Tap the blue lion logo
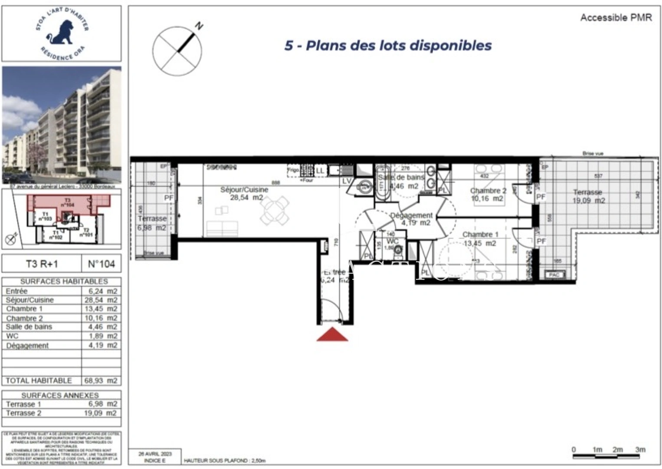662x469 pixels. [61, 33]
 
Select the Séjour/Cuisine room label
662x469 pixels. [244, 190]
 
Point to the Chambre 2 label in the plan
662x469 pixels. [488, 191]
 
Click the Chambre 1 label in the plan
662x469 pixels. [480, 235]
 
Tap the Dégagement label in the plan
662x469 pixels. [411, 215]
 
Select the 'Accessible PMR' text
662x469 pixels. [616, 18]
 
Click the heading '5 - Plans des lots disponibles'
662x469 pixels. [388, 46]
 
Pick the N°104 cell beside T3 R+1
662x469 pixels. [101, 264]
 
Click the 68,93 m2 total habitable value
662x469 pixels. [101, 381]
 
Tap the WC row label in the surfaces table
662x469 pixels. [13, 336]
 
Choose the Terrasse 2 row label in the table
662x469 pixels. [23, 413]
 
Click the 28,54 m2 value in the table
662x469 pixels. [101, 300]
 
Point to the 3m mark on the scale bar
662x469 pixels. [640, 450]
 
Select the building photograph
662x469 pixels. [62, 125]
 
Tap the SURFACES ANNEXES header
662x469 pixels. [60, 395]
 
